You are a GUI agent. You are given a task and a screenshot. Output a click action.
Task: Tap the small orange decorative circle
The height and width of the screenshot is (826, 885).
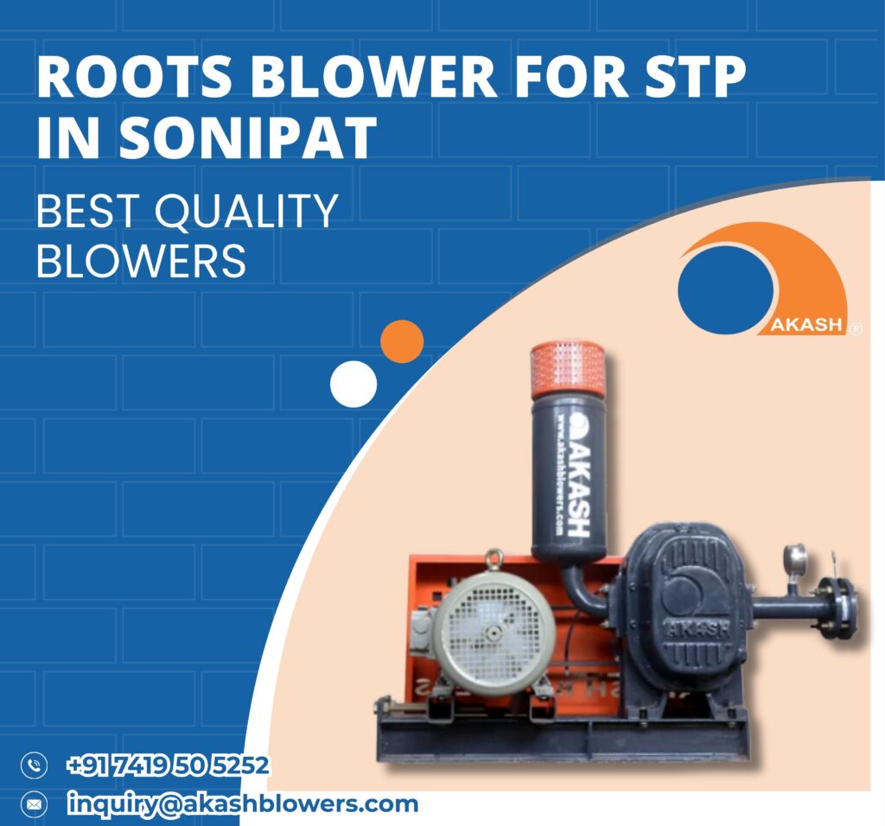402,341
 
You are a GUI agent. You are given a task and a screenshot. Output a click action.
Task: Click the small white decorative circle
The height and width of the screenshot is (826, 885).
353,383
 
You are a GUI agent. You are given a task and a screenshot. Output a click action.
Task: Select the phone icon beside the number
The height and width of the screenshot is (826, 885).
34,766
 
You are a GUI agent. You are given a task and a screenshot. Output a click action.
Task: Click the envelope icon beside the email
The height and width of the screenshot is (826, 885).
34,804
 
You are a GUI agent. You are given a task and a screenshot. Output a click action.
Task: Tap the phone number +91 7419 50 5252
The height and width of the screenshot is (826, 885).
168,766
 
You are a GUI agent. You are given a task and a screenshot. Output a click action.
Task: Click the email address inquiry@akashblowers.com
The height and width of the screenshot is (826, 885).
243,804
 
